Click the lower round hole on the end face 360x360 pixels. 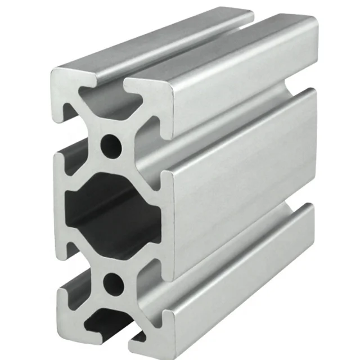click(114, 281)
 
